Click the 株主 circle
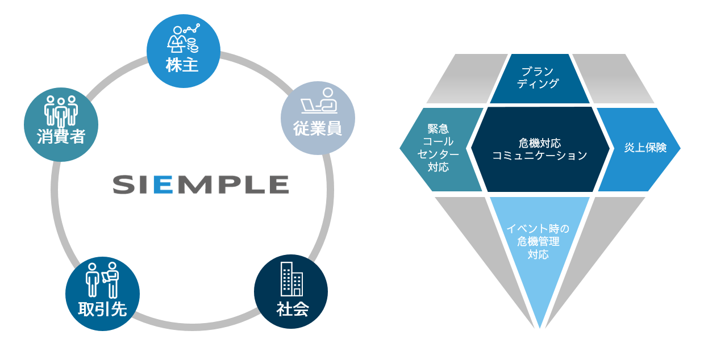(x=182, y=51)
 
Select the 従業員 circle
(x=318, y=118)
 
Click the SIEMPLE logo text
(x=200, y=185)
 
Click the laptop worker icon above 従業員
(x=318, y=102)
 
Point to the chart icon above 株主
(x=182, y=37)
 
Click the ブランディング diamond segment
(x=539, y=78)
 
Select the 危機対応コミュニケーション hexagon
(x=539, y=149)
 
